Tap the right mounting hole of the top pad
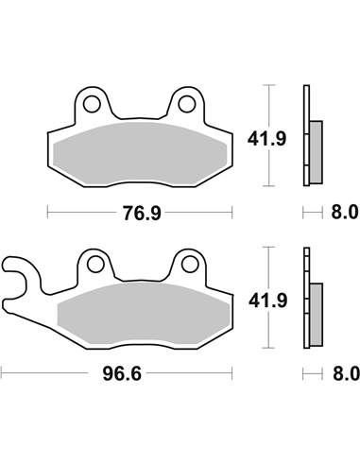click(x=186, y=100)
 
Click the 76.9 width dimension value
click(x=140, y=212)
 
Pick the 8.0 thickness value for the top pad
click(x=346, y=212)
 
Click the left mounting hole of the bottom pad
click(x=94, y=262)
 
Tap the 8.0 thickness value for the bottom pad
click(x=346, y=374)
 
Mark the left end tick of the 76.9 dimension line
click(x=47, y=212)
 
